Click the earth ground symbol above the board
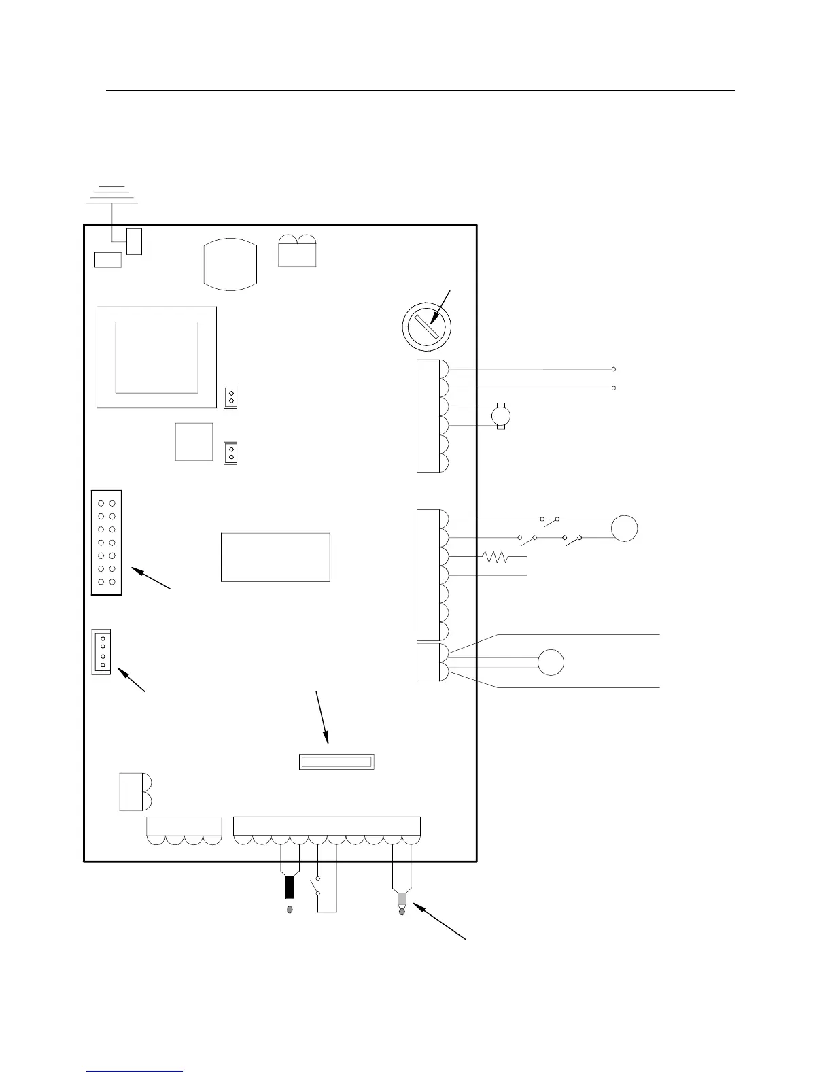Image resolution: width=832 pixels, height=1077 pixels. coord(111,194)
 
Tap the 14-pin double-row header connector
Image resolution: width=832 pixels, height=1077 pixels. coord(107,542)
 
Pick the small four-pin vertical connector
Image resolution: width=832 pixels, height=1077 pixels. coord(101,651)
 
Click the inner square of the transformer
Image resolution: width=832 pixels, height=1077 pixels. coord(156,357)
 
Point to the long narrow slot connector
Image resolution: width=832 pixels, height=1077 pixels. coord(336,762)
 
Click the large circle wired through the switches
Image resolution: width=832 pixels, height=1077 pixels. coord(624,528)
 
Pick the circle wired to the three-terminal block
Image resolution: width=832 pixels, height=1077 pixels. coord(551,662)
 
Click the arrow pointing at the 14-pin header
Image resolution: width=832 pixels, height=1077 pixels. coord(151,579)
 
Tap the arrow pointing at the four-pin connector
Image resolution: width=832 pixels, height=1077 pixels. coord(133,681)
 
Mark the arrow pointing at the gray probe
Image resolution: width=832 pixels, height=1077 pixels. coord(439,921)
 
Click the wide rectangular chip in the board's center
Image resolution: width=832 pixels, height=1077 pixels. coord(275,557)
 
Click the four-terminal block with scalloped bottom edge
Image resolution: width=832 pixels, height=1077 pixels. coord(184,831)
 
